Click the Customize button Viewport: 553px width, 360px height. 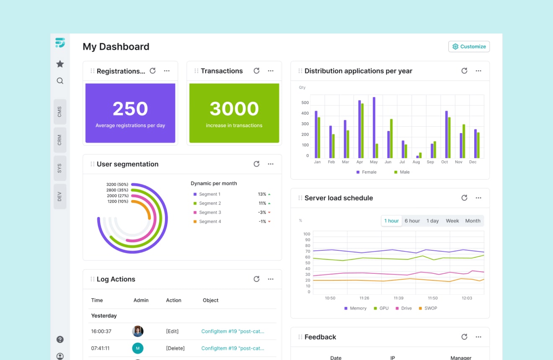(469, 46)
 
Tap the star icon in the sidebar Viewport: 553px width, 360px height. (60, 64)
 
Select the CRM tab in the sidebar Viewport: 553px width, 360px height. (60, 140)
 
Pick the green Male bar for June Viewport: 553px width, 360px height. (391, 139)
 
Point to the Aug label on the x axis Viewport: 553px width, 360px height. (416, 162)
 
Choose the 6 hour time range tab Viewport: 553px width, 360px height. (412, 221)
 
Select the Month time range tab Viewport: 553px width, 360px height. (473, 221)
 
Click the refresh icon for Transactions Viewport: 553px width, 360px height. (256, 71)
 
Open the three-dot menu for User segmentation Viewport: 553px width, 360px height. (271, 164)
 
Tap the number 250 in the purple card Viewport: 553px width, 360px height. (130, 109)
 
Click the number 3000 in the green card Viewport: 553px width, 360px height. (234, 109)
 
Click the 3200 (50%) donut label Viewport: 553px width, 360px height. (117, 185)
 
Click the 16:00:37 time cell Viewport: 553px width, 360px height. (101, 331)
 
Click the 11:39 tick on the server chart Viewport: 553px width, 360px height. (398, 298)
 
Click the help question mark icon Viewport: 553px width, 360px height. (60, 339)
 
